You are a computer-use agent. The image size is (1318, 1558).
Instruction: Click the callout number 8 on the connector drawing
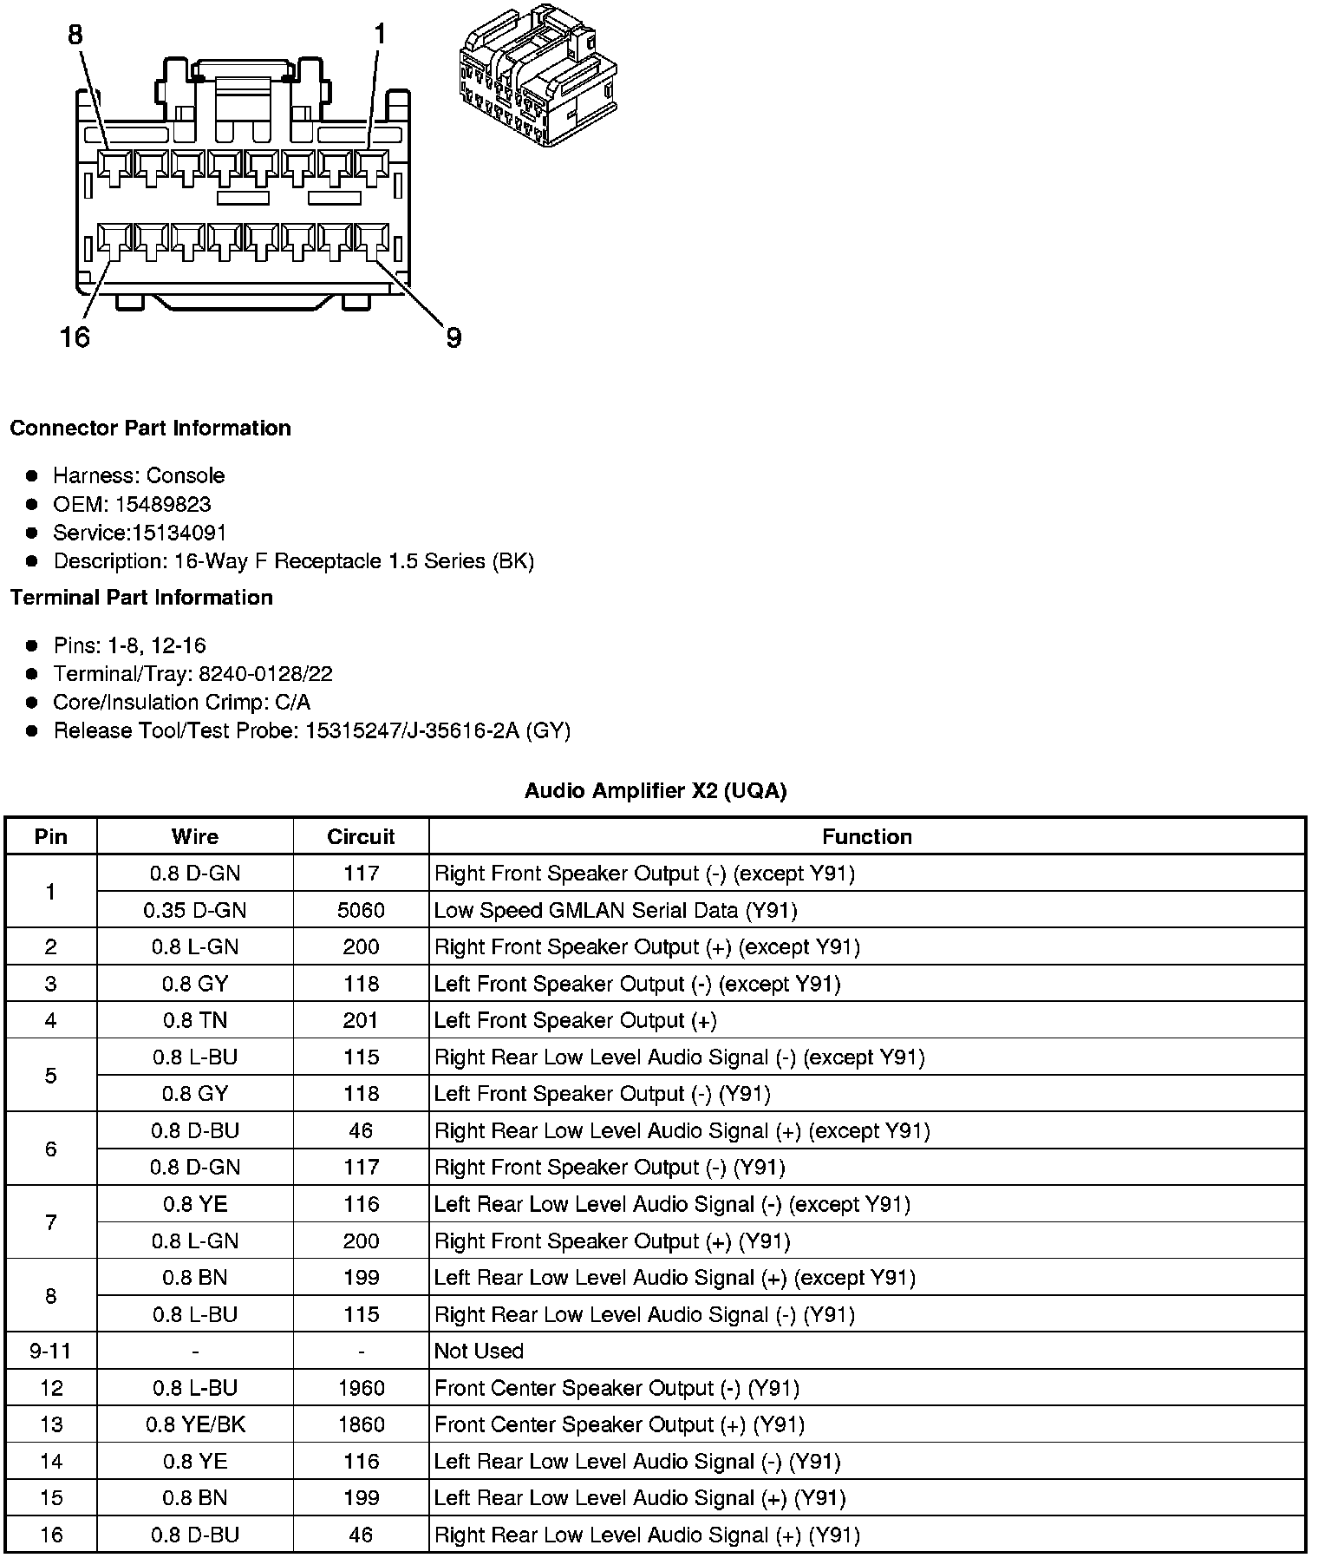click(75, 35)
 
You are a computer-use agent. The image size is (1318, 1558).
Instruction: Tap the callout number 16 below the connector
click(75, 337)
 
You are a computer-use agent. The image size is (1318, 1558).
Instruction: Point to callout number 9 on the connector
click(453, 338)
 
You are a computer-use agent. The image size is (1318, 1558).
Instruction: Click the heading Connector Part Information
click(150, 429)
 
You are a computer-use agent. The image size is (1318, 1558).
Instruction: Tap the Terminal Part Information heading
click(141, 598)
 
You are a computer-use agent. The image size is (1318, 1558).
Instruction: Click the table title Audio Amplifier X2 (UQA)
click(656, 790)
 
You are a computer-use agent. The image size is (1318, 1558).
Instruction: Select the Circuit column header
click(361, 836)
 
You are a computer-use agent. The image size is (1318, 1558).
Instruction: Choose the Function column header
click(867, 836)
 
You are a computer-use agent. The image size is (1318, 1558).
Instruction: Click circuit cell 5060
click(361, 910)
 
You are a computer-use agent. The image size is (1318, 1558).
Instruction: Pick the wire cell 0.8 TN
click(195, 1020)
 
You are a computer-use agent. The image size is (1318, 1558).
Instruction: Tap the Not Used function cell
click(479, 1351)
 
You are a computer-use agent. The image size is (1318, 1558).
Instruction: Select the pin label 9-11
click(51, 1351)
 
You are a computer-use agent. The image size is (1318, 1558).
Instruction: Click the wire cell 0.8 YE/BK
click(195, 1424)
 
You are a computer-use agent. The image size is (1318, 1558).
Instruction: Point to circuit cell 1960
click(361, 1388)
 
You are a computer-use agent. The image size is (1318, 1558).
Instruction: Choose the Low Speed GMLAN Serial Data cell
click(616, 910)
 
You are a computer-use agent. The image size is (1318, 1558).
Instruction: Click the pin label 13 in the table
click(51, 1424)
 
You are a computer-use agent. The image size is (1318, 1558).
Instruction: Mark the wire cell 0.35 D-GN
click(195, 910)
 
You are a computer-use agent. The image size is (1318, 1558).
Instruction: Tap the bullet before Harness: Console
click(32, 475)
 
